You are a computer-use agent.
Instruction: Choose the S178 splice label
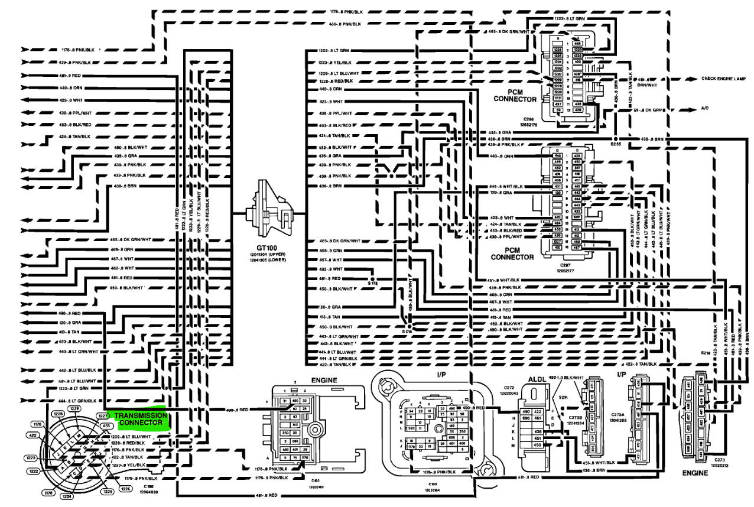pyautogui.click(x=373, y=284)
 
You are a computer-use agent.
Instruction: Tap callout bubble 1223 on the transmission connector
pyautogui.click(x=30, y=457)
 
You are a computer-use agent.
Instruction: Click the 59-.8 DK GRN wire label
pyautogui.click(x=649, y=110)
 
